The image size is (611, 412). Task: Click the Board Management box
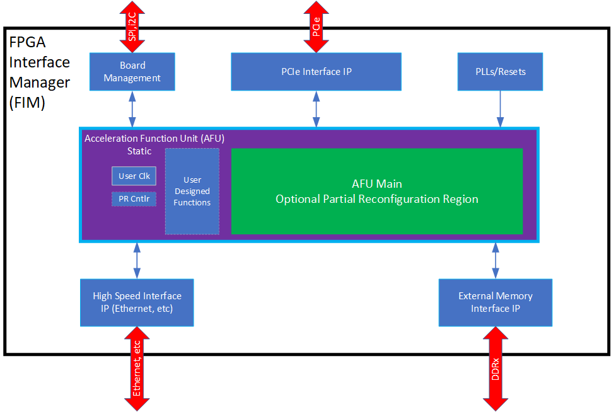132,72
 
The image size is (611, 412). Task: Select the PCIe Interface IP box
316,72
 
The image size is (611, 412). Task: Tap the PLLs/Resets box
500,72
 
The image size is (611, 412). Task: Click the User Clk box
133,176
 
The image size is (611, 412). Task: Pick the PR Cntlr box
133,200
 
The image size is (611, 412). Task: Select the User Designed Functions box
192,192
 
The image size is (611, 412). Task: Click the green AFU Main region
376,191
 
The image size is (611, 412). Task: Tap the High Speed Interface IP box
137,302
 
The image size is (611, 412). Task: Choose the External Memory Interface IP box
495,302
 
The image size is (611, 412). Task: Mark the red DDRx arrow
495,372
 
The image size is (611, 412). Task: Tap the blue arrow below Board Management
132,108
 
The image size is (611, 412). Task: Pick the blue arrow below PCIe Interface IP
316,108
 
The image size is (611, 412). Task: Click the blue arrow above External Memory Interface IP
495,260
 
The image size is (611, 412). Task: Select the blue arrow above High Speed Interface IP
137,260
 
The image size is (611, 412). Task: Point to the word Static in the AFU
139,151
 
